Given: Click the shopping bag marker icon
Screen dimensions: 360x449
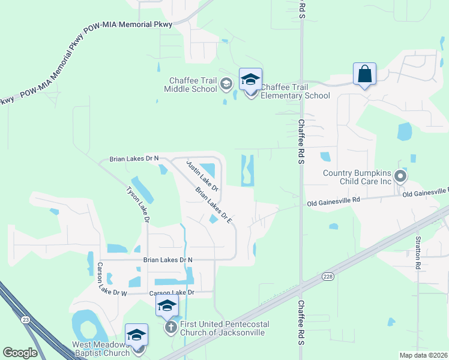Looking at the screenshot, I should (364, 74).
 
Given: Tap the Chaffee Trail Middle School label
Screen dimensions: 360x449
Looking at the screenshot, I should (191, 85).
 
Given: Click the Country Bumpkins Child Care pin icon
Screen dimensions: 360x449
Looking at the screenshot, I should (400, 176).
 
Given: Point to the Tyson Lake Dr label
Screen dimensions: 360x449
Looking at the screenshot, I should (137, 204).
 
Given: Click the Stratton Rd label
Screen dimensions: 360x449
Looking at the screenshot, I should (419, 251).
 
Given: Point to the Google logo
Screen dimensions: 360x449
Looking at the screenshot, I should (20, 353).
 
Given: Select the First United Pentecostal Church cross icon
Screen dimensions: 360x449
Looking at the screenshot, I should (170, 327).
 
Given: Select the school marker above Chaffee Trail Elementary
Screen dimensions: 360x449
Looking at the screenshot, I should (250, 79).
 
